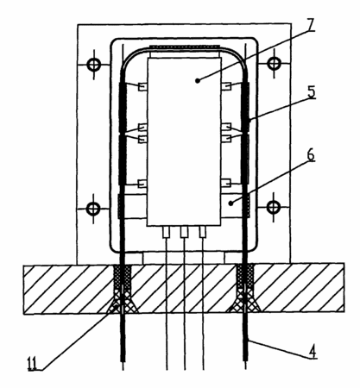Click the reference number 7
tap(309, 25)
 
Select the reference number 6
tap(310, 155)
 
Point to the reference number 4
tap(313, 352)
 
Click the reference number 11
tap(32, 363)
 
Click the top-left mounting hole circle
tap(94, 65)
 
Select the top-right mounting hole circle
tap(274, 63)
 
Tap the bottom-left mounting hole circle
tap(93, 208)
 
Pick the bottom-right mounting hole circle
tap(274, 207)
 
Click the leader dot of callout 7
tap(198, 81)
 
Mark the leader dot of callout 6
tap(231, 203)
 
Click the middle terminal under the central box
tap(184, 232)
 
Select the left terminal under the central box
tap(167, 232)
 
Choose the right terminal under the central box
tap(203, 232)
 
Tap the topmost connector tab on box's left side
tap(143, 86)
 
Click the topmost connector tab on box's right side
tap(226, 86)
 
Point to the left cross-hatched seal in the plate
tap(123, 288)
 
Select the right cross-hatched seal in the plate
tap(244, 288)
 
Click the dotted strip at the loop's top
tap(184, 47)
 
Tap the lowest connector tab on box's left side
tap(143, 184)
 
